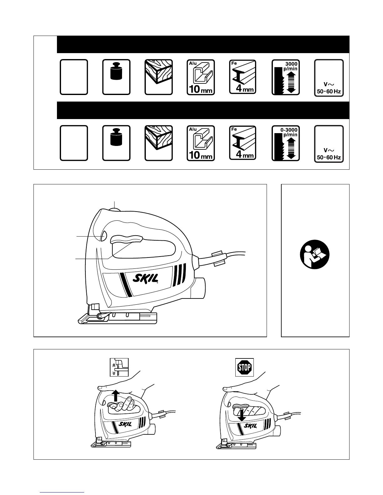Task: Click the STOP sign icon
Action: click(x=244, y=367)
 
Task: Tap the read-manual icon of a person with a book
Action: click(x=315, y=257)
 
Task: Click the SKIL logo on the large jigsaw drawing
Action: click(x=146, y=278)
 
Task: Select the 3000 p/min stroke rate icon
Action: click(x=286, y=77)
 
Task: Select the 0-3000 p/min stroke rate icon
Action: click(x=286, y=143)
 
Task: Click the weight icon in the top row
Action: click(x=116, y=77)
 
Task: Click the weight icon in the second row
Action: click(x=116, y=143)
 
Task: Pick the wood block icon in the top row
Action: click(x=159, y=77)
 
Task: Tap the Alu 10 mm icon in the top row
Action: click(x=201, y=77)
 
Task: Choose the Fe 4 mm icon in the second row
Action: click(x=243, y=143)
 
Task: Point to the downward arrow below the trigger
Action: click(x=241, y=414)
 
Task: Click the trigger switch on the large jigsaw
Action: click(x=126, y=239)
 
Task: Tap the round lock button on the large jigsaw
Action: click(x=103, y=236)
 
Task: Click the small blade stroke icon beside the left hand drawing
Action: click(x=119, y=367)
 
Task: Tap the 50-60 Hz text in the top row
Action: click(x=329, y=92)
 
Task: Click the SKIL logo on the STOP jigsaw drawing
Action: click(x=251, y=426)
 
